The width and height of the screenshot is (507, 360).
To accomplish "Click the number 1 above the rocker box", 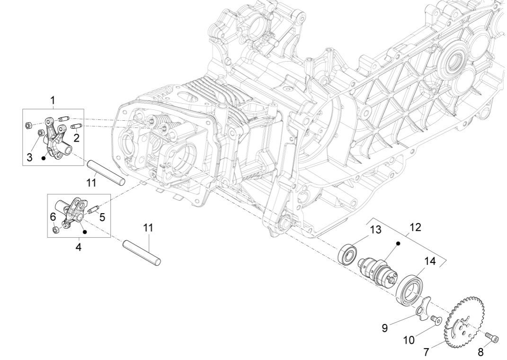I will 53,100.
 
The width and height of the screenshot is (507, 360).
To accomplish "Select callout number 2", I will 76,138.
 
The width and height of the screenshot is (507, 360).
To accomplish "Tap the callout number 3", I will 30,158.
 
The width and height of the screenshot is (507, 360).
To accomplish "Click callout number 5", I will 102,217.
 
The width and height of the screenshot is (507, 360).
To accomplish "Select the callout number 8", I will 481,352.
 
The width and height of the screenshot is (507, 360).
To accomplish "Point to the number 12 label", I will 415,227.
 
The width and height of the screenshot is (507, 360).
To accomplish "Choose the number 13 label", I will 375,230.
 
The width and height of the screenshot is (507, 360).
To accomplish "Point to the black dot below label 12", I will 398,243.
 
